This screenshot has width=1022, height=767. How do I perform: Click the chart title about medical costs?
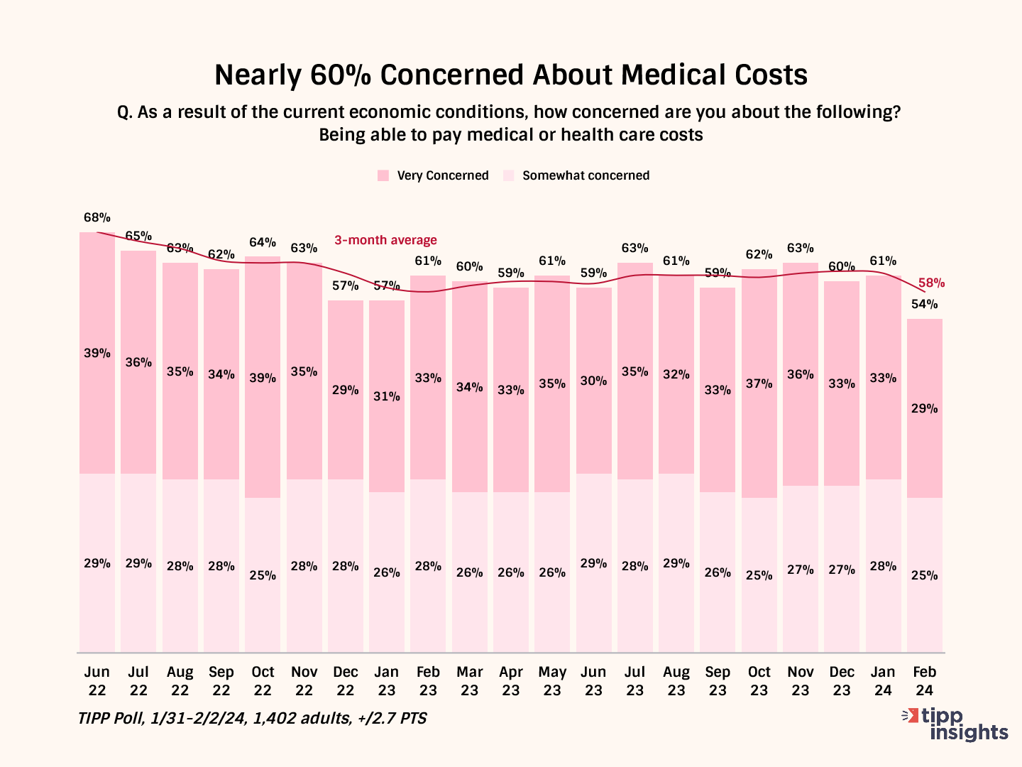pos(511,75)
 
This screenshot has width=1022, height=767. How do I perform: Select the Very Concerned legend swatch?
pos(383,175)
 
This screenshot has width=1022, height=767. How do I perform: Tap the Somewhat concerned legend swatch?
pos(508,175)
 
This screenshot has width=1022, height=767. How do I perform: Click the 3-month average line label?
pos(385,240)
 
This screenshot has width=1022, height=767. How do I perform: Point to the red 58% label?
pos(931,283)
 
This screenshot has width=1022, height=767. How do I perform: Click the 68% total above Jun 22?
pos(97,217)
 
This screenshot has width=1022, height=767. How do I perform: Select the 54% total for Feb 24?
pos(924,304)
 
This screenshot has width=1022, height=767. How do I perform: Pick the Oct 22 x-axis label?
pos(263,680)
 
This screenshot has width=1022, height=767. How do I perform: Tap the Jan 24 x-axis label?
pos(883,680)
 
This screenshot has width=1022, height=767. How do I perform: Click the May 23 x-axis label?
pos(552,680)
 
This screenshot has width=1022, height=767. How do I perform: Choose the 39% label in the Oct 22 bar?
pos(263,378)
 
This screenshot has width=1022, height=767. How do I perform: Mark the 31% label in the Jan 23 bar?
pos(387,396)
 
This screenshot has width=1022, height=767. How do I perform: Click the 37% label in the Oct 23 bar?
pos(759,383)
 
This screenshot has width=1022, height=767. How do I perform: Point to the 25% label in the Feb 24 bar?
pos(924,575)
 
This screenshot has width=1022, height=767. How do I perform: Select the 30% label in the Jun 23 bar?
pos(593,381)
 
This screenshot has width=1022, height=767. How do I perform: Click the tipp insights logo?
pos(955,724)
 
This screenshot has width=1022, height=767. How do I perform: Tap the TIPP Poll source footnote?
pos(253,718)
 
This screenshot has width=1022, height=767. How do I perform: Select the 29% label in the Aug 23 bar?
pos(676,563)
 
